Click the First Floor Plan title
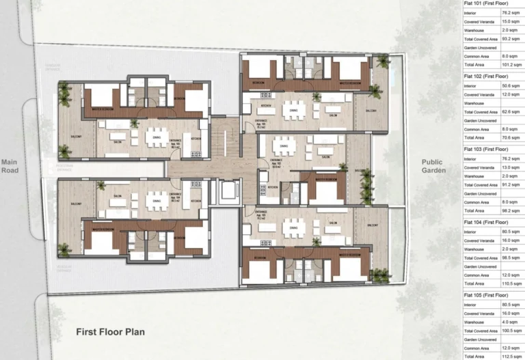[109, 332]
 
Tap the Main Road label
[10, 166]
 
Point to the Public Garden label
[432, 166]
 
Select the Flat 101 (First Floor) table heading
[485, 4]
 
